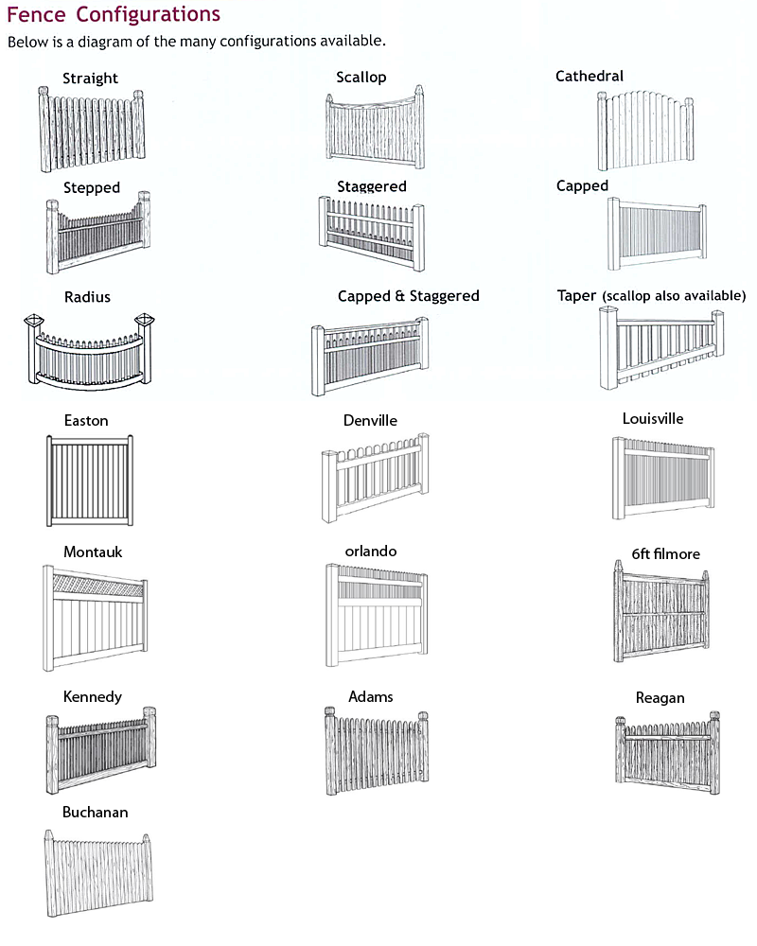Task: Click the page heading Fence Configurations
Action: (x=114, y=14)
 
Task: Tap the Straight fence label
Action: (x=90, y=79)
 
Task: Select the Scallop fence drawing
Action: (x=375, y=128)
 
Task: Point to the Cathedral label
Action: (x=590, y=76)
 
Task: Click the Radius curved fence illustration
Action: (x=89, y=351)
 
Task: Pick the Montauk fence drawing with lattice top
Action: (x=95, y=618)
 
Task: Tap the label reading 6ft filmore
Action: (x=666, y=553)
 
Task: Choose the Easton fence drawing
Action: (x=90, y=481)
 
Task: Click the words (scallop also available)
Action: (x=674, y=295)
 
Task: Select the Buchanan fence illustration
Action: (x=98, y=873)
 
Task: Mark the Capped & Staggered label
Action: (x=408, y=296)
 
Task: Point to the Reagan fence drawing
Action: (x=668, y=753)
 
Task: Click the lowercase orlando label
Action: (x=371, y=551)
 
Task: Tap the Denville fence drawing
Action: (x=375, y=478)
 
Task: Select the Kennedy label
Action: (x=93, y=697)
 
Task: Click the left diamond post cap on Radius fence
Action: (x=34, y=319)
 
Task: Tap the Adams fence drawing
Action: (x=377, y=750)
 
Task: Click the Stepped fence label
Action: (x=92, y=187)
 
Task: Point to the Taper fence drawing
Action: (x=661, y=348)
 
